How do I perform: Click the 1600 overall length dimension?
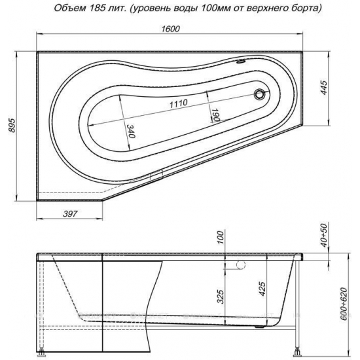pos(170,29)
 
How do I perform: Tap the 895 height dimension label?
pos(12,126)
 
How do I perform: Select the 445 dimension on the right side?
pos(324,88)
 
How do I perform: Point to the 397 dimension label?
pos(70,214)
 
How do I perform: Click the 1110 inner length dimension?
pos(179,103)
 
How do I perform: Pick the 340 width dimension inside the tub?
pos(131,131)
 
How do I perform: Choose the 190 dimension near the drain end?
pos(215,115)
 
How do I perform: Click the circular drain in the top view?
pos(260,94)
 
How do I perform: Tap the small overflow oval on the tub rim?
pos(241,62)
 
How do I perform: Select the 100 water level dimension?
pos(220,238)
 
